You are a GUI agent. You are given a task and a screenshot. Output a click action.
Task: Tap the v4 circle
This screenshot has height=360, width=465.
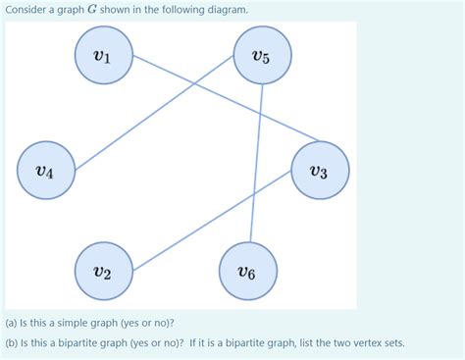pos(44,172)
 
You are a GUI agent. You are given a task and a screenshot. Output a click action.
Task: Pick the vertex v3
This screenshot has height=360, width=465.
pos(319,171)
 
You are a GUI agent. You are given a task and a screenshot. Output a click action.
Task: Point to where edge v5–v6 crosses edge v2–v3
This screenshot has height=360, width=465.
pos(252,199)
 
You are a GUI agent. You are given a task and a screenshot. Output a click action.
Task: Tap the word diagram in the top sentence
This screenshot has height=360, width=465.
pos(225,10)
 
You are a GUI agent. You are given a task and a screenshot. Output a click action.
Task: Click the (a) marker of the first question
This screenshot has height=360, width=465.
pos(13,323)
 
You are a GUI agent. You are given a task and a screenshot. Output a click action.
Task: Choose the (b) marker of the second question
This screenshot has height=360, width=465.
pos(13,343)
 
